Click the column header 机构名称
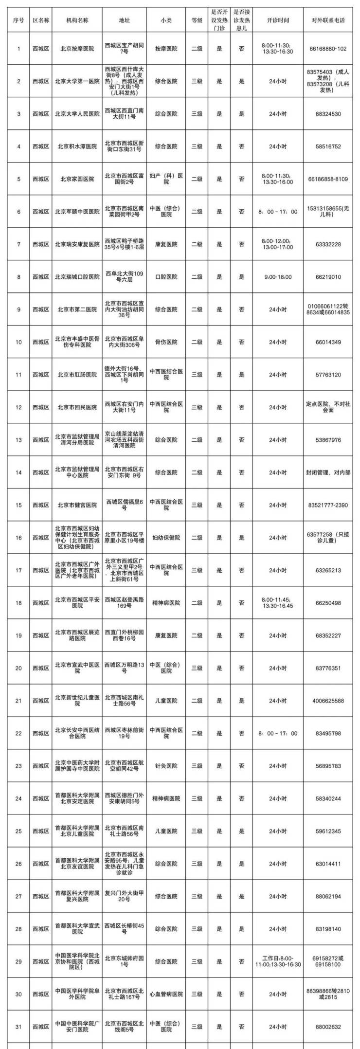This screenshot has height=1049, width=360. [x=77, y=20]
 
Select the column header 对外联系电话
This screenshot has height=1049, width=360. [x=328, y=20]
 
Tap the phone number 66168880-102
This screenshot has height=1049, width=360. [x=328, y=49]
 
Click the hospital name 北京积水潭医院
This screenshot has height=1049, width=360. [x=77, y=146]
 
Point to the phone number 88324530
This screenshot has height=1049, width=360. [x=328, y=114]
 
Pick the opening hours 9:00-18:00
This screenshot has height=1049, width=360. [x=278, y=277]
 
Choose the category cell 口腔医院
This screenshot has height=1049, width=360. [x=166, y=277]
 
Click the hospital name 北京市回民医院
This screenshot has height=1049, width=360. [x=77, y=407]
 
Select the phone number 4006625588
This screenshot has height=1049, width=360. [x=328, y=701]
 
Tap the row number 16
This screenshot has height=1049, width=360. [x=19, y=538]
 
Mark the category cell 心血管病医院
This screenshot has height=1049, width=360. [x=166, y=980]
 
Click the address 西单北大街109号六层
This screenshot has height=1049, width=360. [x=124, y=277]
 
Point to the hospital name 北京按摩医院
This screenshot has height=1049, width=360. [x=77, y=49]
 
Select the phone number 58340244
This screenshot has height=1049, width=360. [x=328, y=798]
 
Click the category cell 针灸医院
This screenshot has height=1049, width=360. [x=166, y=766]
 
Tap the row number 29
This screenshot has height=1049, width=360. [x=19, y=948]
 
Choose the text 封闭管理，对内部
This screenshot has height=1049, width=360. [x=328, y=472]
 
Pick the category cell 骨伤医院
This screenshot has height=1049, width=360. [x=166, y=342]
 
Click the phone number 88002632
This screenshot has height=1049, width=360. [x=328, y=1013]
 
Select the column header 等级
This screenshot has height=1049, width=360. [x=197, y=20]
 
